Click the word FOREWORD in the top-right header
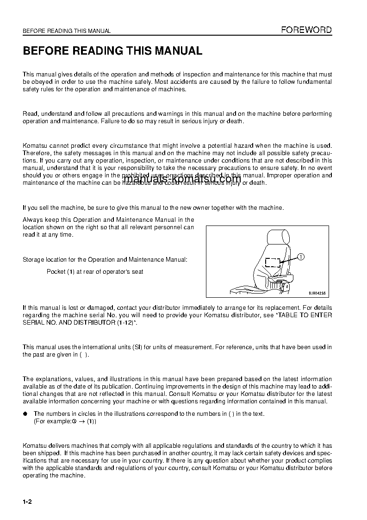pyautogui.click(x=307, y=30)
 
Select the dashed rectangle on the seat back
pyautogui.click(x=273, y=263)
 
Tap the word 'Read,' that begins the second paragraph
pyautogui.click(x=31, y=114)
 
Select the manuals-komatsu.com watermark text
pyautogui.click(x=183, y=180)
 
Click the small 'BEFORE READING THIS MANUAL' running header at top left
pyautogui.click(x=67, y=31)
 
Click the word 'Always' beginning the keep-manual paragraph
pyautogui.click(x=32, y=220)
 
